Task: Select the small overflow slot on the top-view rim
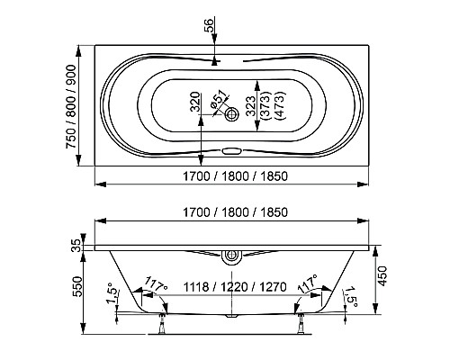233,152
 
